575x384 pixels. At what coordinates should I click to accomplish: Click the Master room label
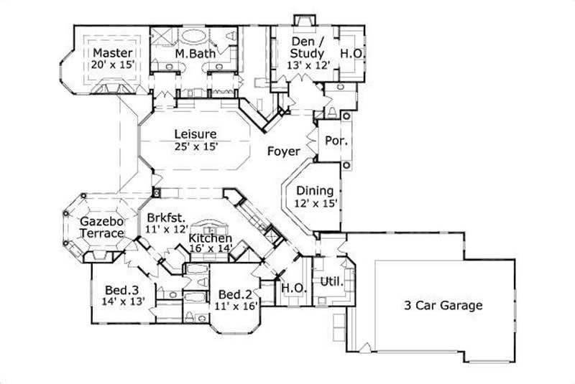pos(111,53)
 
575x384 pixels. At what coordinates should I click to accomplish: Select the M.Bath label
pos(191,54)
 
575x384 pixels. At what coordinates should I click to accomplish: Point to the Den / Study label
pos(307,47)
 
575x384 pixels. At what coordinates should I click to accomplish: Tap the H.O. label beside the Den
pos(350,53)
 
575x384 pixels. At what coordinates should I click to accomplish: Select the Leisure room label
pos(195,134)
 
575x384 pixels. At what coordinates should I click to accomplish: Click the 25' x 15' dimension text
pos(195,146)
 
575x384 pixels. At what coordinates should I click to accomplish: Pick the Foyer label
pos(283,151)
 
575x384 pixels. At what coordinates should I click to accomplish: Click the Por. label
pos(336,141)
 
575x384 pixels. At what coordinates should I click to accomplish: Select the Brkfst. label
pos(167,217)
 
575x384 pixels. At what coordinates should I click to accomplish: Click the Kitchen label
pos(210,238)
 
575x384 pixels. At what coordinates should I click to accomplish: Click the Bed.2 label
pos(234,294)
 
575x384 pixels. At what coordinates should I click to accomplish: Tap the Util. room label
pos(331,281)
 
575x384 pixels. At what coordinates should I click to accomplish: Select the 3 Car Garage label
pos(442,305)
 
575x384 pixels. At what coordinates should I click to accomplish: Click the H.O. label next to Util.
pos(293,287)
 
